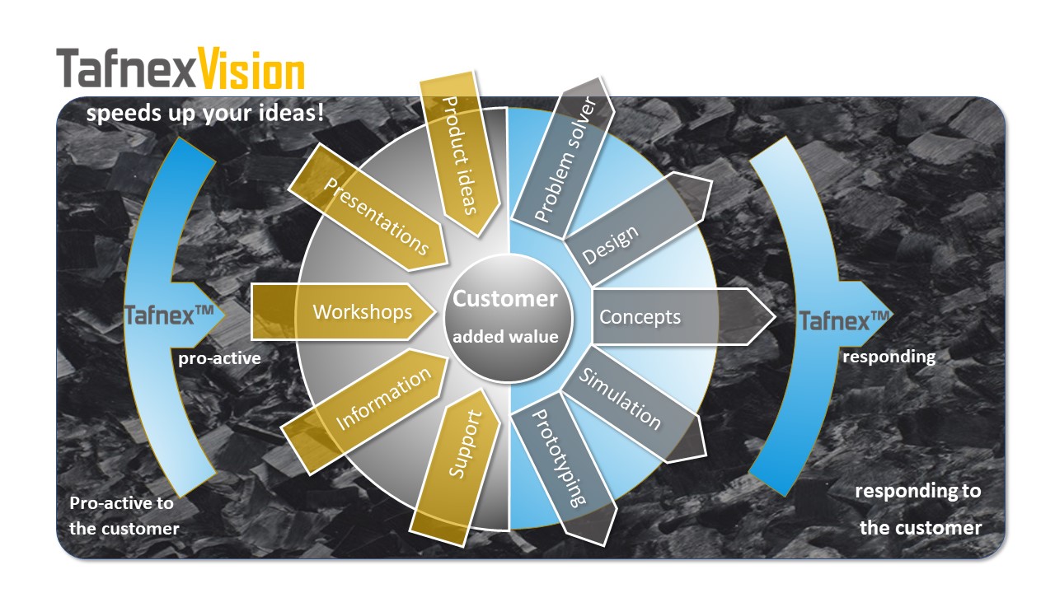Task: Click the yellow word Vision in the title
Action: [251, 68]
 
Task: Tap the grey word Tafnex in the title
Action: [126, 68]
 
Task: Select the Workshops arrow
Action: [344, 311]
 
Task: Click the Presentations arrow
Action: [368, 208]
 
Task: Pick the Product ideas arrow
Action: [460, 153]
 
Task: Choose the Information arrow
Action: [363, 411]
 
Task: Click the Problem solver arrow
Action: [563, 158]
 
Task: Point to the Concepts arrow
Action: [683, 317]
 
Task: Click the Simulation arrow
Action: [634, 404]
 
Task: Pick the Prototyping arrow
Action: [564, 469]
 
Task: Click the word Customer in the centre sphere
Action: [505, 299]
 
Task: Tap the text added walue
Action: [505, 337]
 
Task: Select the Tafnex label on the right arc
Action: [844, 321]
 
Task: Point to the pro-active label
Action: [219, 358]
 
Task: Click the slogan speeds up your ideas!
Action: [205, 114]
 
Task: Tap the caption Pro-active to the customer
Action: [124, 516]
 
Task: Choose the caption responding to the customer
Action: [918, 509]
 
